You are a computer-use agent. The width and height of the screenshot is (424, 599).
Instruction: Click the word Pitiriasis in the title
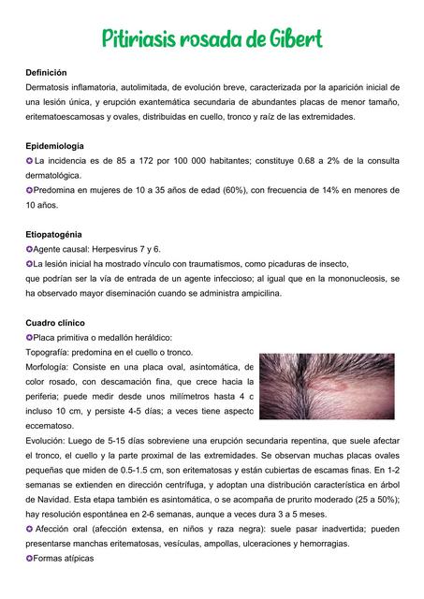(137, 39)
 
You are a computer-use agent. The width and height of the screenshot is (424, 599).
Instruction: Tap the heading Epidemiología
(54, 146)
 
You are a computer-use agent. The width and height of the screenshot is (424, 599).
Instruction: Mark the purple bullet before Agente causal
(30, 249)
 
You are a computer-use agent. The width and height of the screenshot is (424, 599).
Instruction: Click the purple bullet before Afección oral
(30, 528)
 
